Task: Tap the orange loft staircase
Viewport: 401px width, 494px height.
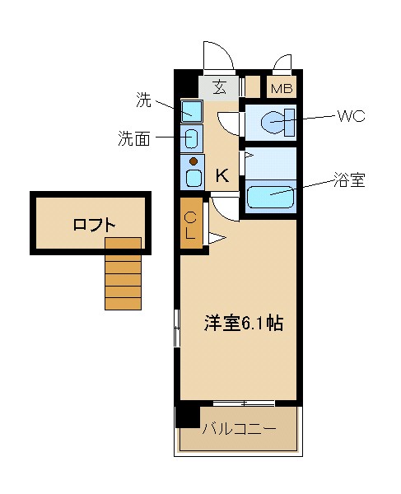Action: coord(123,273)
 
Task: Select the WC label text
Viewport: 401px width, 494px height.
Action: coord(350,115)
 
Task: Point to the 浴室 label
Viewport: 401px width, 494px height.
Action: coord(348,180)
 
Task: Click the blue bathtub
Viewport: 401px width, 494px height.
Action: coord(270,198)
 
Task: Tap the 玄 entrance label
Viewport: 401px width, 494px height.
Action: coord(221,86)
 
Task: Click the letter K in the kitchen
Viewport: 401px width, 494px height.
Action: coord(221,175)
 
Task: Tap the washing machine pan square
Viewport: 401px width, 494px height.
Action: coord(192,111)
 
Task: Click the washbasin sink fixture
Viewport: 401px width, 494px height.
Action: coord(191,137)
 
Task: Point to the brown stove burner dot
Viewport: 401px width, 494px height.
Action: coord(194,161)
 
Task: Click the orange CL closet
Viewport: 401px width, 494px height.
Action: coord(190,222)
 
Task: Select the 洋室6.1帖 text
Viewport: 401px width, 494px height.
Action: coord(243,323)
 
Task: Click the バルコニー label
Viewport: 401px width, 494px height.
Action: coord(239,429)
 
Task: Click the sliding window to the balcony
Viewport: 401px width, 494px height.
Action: coord(243,403)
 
